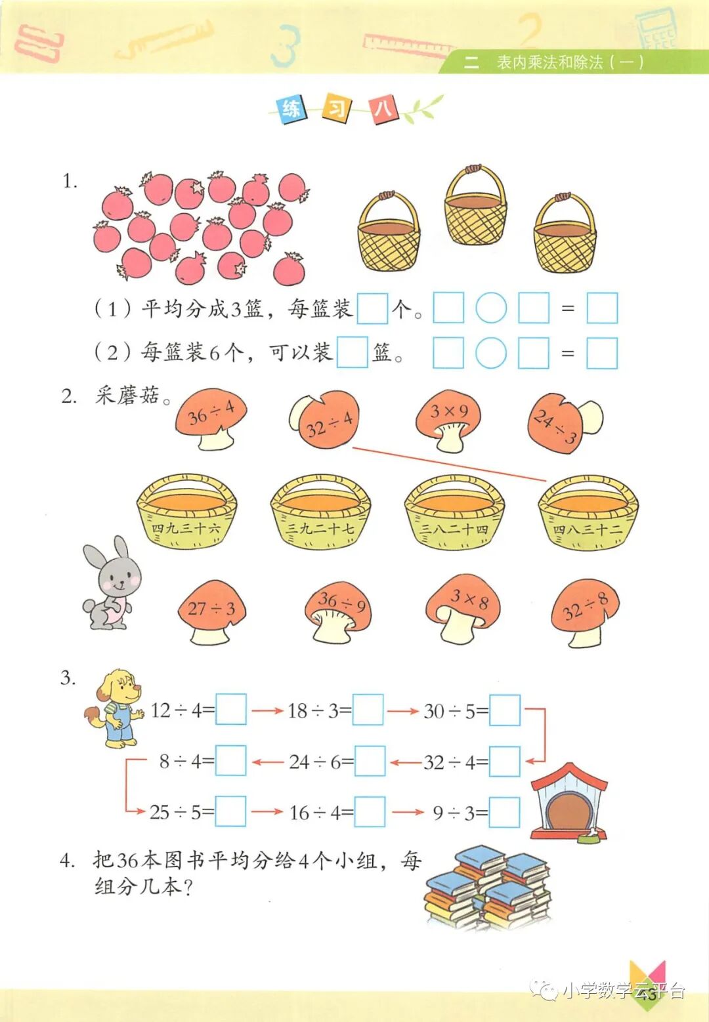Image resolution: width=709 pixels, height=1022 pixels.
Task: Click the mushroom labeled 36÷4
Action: click(211, 418)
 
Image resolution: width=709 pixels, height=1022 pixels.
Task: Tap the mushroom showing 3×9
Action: click(449, 420)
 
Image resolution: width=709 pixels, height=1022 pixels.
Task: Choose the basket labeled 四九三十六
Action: click(186, 512)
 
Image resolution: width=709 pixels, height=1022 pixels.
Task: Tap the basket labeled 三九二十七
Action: click(320, 512)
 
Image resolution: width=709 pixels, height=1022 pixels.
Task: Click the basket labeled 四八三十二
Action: click(588, 512)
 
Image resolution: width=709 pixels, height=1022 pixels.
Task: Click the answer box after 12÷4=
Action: click(231, 710)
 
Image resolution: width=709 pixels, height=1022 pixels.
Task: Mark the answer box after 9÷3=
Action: click(505, 813)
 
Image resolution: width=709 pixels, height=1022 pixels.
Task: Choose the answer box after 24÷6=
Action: click(370, 761)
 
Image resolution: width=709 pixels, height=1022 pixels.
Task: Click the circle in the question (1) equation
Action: click(491, 308)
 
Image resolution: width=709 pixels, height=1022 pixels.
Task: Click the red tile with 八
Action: click(383, 108)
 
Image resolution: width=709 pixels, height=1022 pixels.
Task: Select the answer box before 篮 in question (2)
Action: click(352, 352)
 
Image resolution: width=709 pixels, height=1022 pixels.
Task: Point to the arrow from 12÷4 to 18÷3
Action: click(267, 710)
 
